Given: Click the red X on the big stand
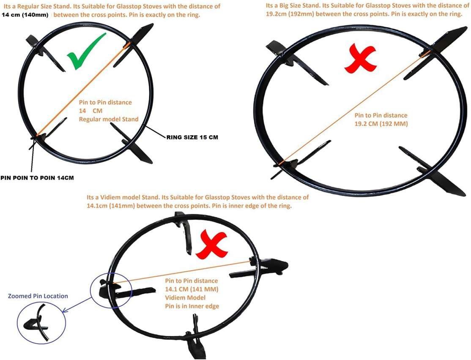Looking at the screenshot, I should point(360,60).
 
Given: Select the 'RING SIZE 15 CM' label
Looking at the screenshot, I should point(192,138).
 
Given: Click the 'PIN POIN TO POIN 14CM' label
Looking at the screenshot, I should point(37,177).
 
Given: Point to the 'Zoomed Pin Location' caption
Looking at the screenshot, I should point(38,296).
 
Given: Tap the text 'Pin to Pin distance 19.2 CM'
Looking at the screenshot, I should point(381,119).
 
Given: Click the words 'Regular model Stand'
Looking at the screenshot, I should point(109,119).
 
